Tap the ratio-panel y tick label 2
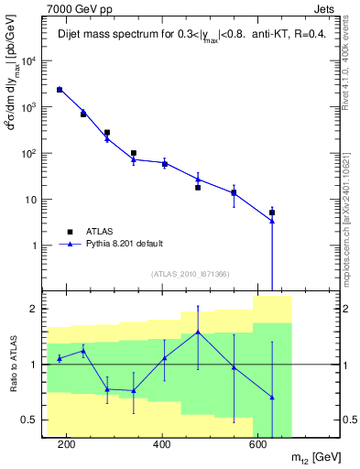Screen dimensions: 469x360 click(x=38, y=309)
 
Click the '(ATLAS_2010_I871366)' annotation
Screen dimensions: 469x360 click(x=190, y=275)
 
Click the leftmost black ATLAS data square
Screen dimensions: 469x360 click(x=59, y=90)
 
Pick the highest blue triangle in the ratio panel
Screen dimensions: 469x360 click(x=198, y=332)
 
